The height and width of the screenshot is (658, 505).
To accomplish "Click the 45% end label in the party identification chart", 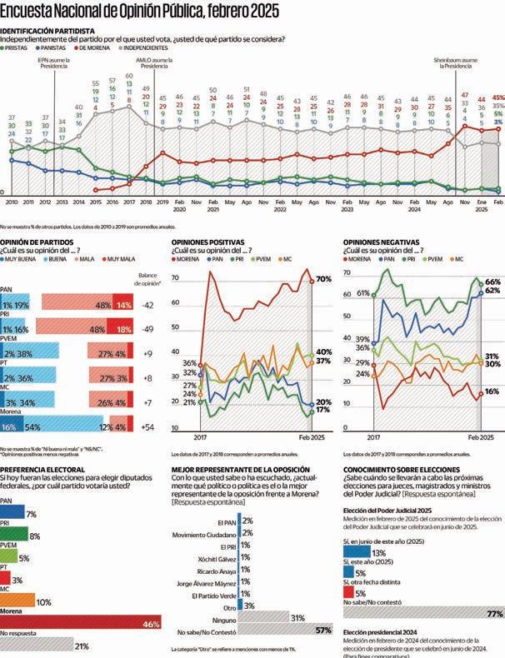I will (498, 97).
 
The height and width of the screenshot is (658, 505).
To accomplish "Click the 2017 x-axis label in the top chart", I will (129, 202).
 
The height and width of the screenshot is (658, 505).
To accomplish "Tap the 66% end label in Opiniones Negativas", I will (492, 283).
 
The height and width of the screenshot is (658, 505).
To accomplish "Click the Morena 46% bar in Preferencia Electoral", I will (83, 624).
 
